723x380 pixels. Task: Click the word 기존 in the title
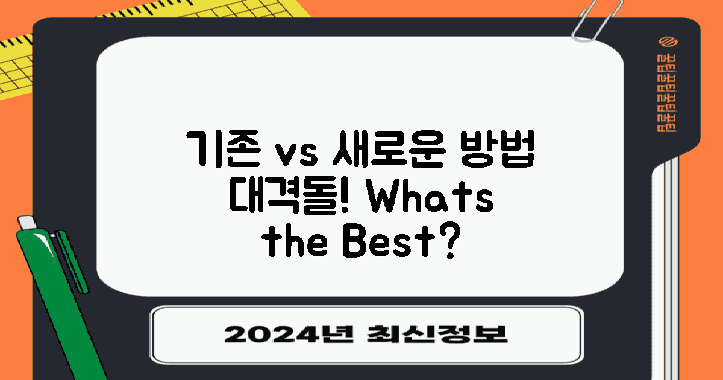[x=217, y=152]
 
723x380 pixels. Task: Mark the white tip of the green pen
[x=25, y=222]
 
